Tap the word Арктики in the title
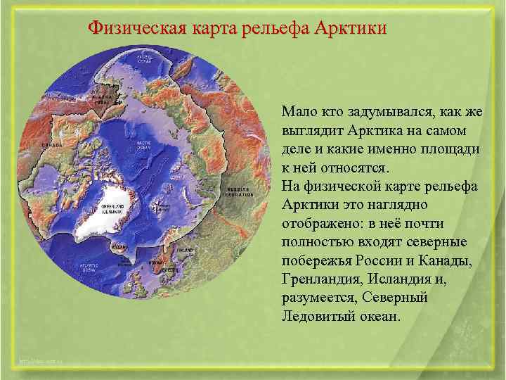tap(350, 29)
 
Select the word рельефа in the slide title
tap(278, 29)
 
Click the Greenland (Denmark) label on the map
tap(112, 208)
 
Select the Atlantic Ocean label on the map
tap(88, 267)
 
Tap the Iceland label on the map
tap(120, 248)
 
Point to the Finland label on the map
tap(185, 250)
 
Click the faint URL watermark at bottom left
tap(42, 360)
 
